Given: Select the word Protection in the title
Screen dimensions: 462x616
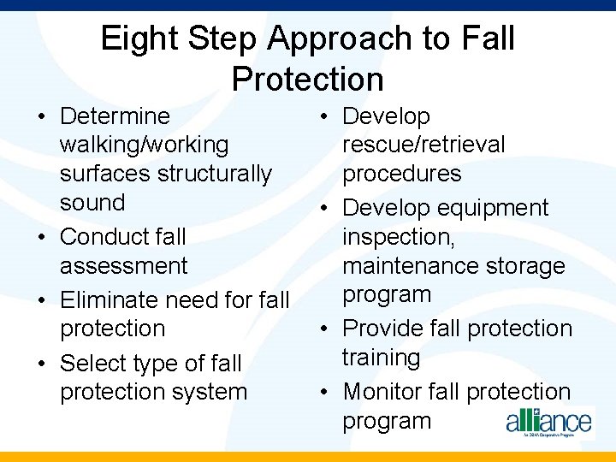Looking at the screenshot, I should (307, 80).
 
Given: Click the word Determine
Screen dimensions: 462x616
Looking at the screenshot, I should (115, 116).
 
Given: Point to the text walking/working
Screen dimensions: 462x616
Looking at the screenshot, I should (144, 145).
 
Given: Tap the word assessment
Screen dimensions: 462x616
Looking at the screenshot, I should (123, 266).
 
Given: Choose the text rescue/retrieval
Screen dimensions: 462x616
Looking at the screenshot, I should (423, 145).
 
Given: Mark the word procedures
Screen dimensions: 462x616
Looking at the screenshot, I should (401, 174).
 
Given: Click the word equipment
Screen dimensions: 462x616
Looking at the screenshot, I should (492, 208).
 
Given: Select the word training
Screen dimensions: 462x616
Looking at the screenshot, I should (381, 358).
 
